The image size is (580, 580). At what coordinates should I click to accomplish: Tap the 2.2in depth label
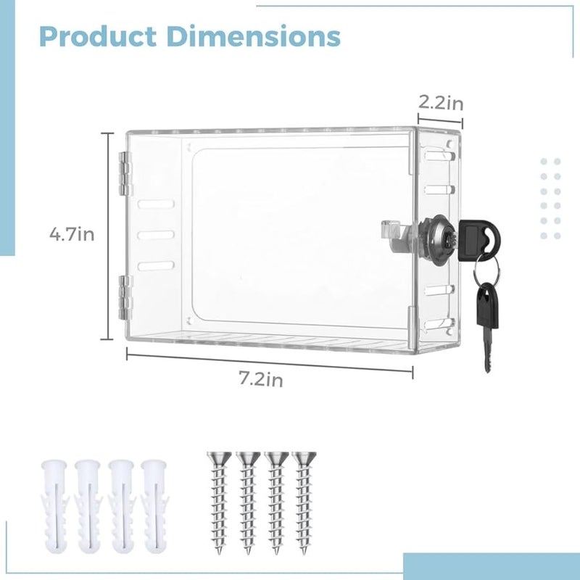click(441, 103)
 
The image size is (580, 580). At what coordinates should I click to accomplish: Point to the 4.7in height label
click(72, 234)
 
